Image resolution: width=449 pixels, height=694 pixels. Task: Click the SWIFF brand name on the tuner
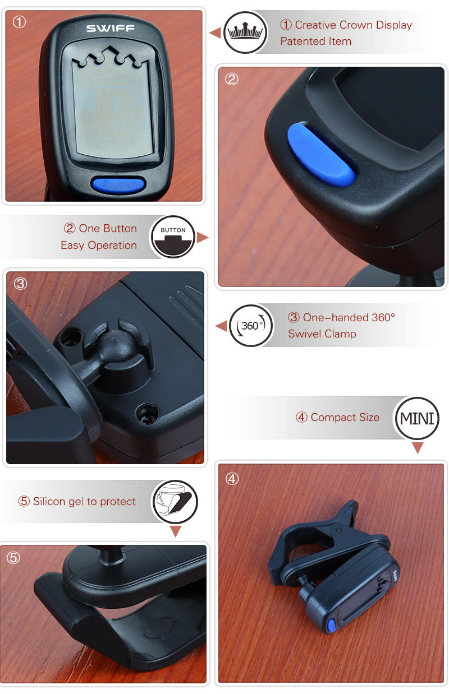pyautogui.click(x=110, y=28)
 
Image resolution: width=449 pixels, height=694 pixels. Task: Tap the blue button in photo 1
pyautogui.click(x=118, y=184)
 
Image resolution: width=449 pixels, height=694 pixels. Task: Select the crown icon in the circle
pyautogui.click(x=245, y=33)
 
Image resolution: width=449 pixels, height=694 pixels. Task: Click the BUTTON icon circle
pyautogui.click(x=173, y=237)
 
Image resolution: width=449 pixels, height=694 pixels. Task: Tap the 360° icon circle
pyautogui.click(x=251, y=326)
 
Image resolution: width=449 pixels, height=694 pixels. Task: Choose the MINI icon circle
pyautogui.click(x=417, y=418)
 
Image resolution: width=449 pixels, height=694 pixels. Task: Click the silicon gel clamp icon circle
pyautogui.click(x=175, y=501)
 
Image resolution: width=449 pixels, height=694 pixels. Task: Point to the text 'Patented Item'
pyautogui.click(x=315, y=41)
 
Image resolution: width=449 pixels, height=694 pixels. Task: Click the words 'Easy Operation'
pyautogui.click(x=99, y=246)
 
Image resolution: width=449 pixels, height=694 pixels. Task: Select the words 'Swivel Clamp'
pyautogui.click(x=322, y=334)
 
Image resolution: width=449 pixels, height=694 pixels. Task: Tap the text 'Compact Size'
pyautogui.click(x=345, y=418)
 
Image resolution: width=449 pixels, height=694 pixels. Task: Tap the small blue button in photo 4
pyautogui.click(x=332, y=624)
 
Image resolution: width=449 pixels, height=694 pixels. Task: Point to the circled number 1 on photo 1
pyautogui.click(x=20, y=23)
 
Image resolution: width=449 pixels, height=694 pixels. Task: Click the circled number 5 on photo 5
pyautogui.click(x=13, y=558)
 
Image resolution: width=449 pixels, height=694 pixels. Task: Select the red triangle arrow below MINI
pyautogui.click(x=417, y=448)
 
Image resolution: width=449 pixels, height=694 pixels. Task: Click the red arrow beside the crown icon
pyautogui.click(x=214, y=33)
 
